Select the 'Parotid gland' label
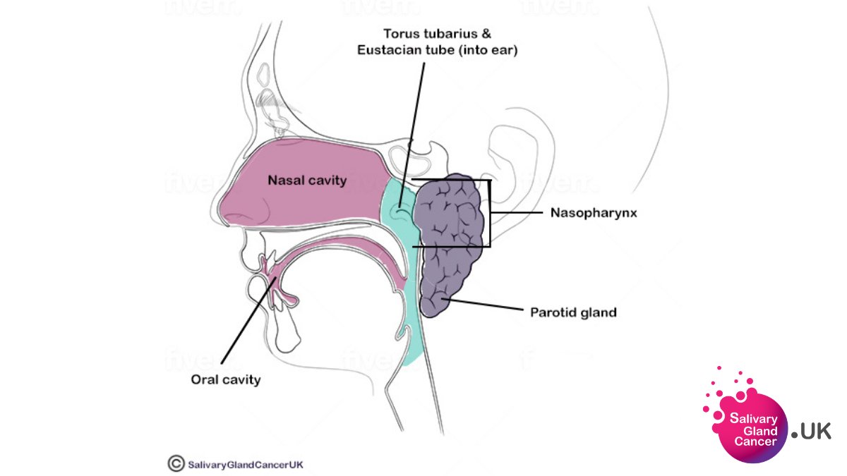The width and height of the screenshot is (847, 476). pyautogui.click(x=572, y=311)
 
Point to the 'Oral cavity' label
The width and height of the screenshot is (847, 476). pyautogui.click(x=225, y=379)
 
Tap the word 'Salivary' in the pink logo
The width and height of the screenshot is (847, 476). pyautogui.click(x=753, y=419)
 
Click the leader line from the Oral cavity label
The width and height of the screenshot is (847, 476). pyautogui.click(x=247, y=324)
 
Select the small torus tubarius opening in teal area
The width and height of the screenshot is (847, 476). pyautogui.click(x=400, y=208)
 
